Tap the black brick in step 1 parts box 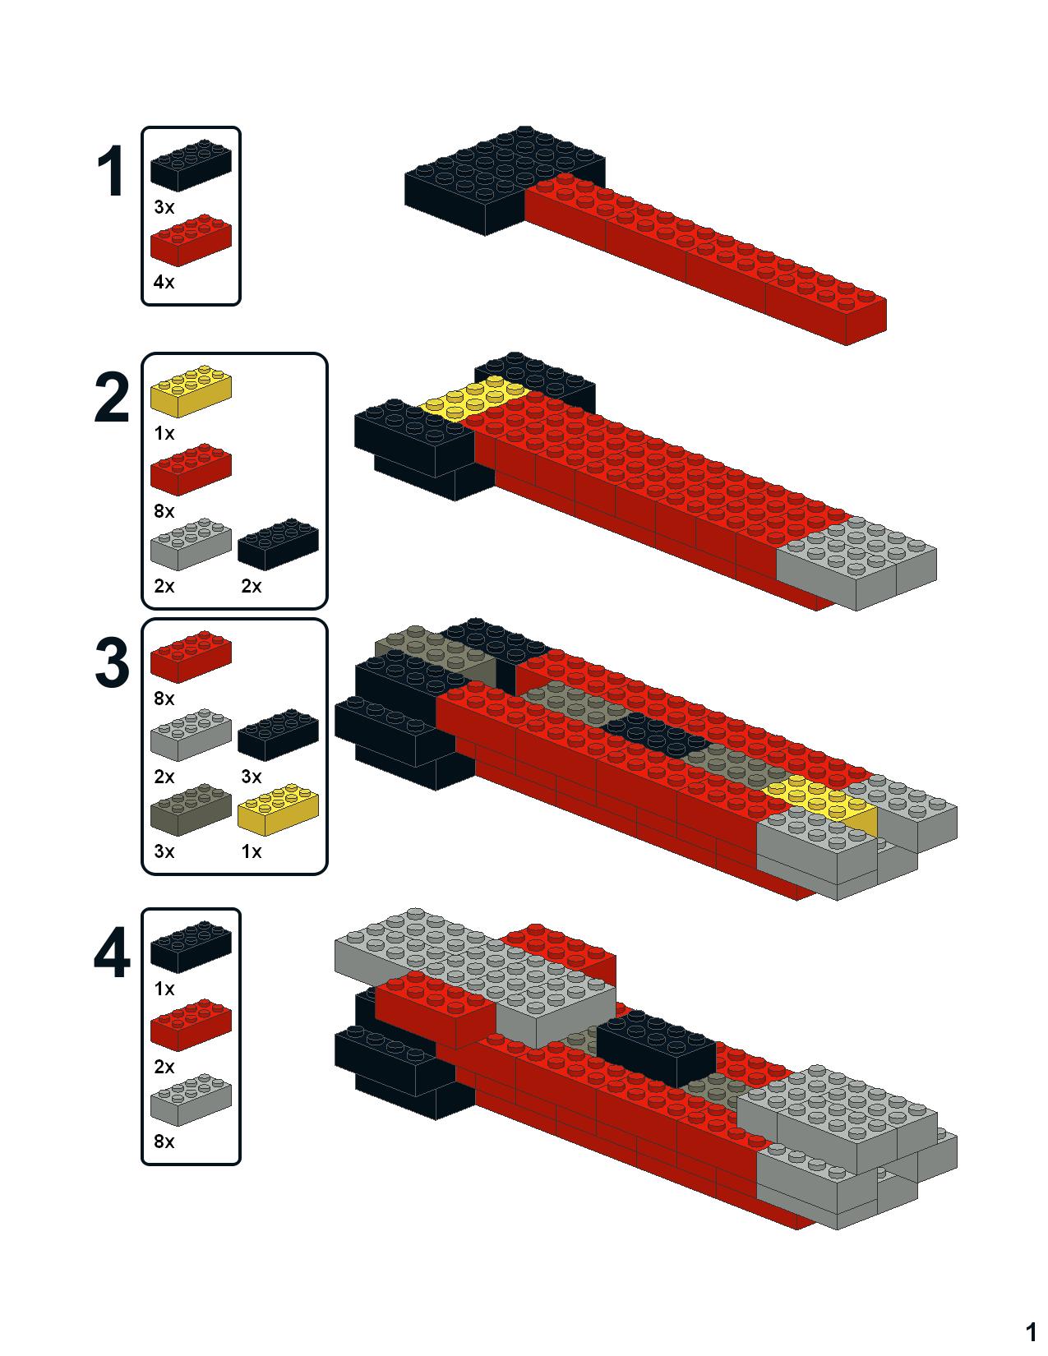pyautogui.click(x=191, y=166)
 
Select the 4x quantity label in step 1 pyautogui.click(x=164, y=282)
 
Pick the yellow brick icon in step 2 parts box pyautogui.click(x=191, y=391)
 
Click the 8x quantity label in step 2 pyautogui.click(x=164, y=511)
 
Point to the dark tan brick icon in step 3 pyautogui.click(x=191, y=810)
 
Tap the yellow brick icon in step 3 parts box pyautogui.click(x=278, y=810)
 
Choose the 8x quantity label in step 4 pyautogui.click(x=164, y=1142)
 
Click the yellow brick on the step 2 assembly pyautogui.click(x=475, y=397)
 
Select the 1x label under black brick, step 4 pyautogui.click(x=164, y=989)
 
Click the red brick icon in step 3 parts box pyautogui.click(x=191, y=656)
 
